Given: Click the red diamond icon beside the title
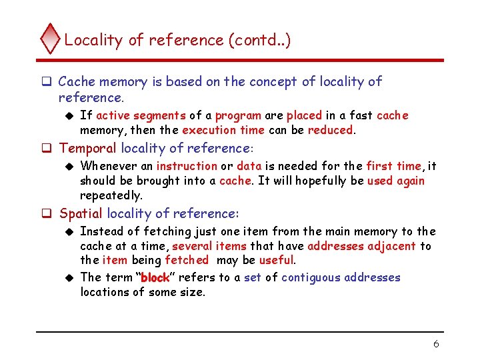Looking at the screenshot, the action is [x=50, y=39].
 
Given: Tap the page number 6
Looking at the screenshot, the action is [x=436, y=344].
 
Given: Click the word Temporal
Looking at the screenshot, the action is [x=88, y=148].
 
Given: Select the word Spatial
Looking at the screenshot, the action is [x=81, y=213].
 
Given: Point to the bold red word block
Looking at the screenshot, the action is [x=155, y=277].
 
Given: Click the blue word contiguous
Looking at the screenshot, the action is [x=313, y=277].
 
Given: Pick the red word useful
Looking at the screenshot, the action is [x=277, y=260].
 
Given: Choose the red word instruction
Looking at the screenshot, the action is [x=187, y=166].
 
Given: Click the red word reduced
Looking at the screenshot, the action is [x=331, y=130].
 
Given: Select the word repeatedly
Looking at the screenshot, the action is [x=111, y=195].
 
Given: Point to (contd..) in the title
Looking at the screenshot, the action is [x=259, y=40].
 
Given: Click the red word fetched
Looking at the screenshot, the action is [x=187, y=260].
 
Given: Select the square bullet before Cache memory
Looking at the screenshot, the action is [x=48, y=82].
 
